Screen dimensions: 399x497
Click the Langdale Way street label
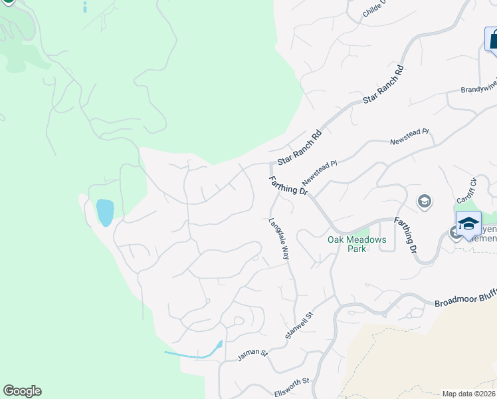(x=280, y=239)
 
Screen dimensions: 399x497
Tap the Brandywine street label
(x=479, y=89)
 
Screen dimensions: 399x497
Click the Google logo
(x=22, y=391)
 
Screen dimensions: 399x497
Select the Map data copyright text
(x=469, y=394)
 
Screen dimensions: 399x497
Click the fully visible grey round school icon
(x=424, y=201)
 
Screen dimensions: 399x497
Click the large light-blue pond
(x=105, y=212)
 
